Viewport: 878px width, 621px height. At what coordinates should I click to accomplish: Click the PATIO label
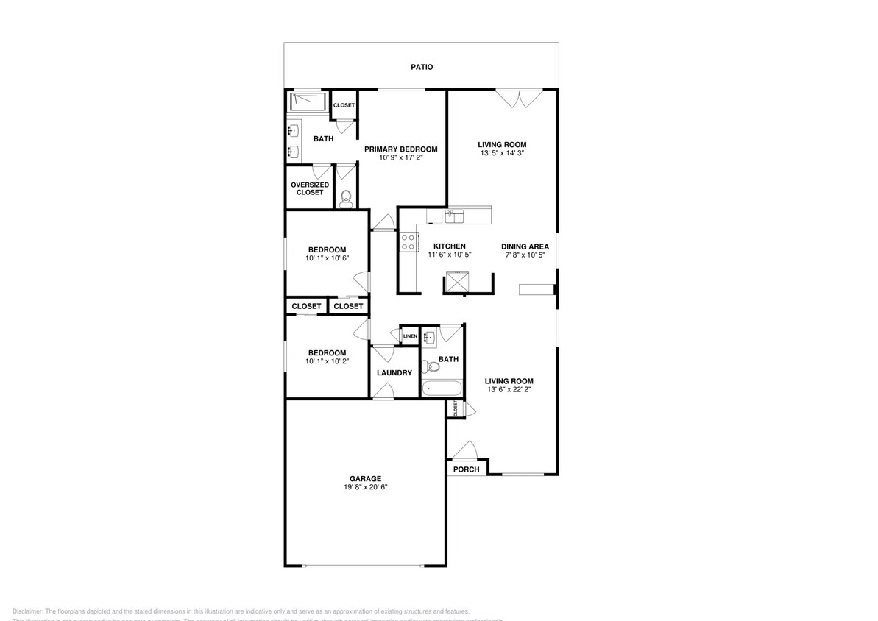[x=422, y=67]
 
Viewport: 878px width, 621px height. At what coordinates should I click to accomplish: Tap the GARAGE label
[x=365, y=479]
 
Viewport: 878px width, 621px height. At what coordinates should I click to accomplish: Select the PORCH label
[x=466, y=469]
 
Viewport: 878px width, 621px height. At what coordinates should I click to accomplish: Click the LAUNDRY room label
[x=394, y=373]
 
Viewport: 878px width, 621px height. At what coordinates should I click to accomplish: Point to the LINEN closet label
[x=410, y=336]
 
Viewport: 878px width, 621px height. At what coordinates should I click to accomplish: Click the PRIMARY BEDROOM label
[x=401, y=149]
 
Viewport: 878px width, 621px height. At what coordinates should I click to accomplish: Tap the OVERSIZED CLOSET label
[x=310, y=188]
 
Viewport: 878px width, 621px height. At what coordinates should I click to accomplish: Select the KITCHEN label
[x=449, y=246]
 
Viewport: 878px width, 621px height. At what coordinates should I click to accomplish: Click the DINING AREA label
[x=525, y=246]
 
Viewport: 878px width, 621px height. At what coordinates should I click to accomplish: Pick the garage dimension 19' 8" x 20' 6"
[x=365, y=487]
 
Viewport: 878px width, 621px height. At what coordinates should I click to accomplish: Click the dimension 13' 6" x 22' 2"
[x=509, y=389]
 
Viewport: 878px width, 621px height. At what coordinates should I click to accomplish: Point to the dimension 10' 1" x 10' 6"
[x=326, y=258]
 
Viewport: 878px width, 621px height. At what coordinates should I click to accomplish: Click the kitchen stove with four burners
[x=408, y=242]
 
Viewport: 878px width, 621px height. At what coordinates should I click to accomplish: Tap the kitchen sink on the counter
[x=455, y=216]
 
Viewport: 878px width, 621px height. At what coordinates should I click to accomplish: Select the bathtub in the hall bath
[x=442, y=388]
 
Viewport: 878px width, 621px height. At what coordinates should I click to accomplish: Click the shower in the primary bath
[x=308, y=102]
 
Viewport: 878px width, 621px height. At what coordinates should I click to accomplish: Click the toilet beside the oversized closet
[x=345, y=197]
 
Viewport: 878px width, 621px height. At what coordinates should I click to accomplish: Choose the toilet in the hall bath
[x=428, y=365]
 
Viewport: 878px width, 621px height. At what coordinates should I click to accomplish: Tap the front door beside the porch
[x=464, y=450]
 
